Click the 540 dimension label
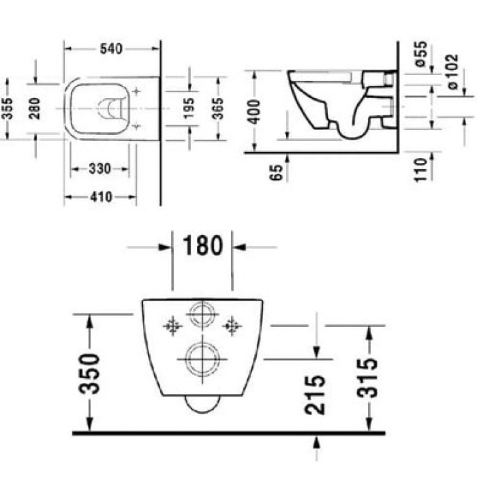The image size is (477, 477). coord(111,49)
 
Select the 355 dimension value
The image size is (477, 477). coord(8,108)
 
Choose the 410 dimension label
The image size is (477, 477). coord(101,197)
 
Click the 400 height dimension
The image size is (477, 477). coord(254,110)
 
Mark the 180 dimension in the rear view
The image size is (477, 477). coord(202,246)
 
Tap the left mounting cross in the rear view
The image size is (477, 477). coord(173,326)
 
